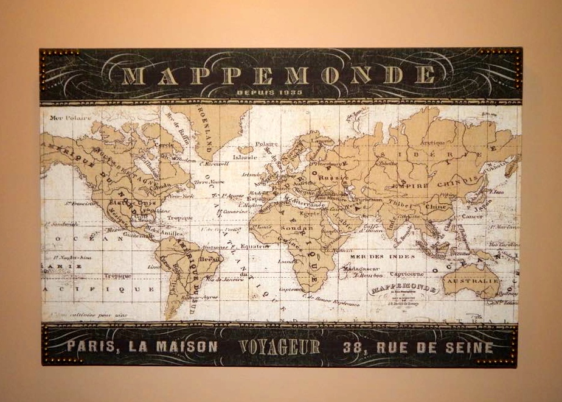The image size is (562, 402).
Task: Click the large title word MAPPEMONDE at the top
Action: click(280, 76)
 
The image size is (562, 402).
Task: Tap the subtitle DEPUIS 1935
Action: click(280, 93)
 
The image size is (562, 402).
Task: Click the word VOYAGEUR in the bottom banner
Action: click(279, 347)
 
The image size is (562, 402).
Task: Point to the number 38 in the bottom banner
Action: click(355, 348)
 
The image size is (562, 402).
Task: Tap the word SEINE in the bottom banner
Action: click(469, 348)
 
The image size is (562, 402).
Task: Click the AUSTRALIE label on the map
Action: click(473, 282)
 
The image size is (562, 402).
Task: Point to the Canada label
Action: click(161, 185)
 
